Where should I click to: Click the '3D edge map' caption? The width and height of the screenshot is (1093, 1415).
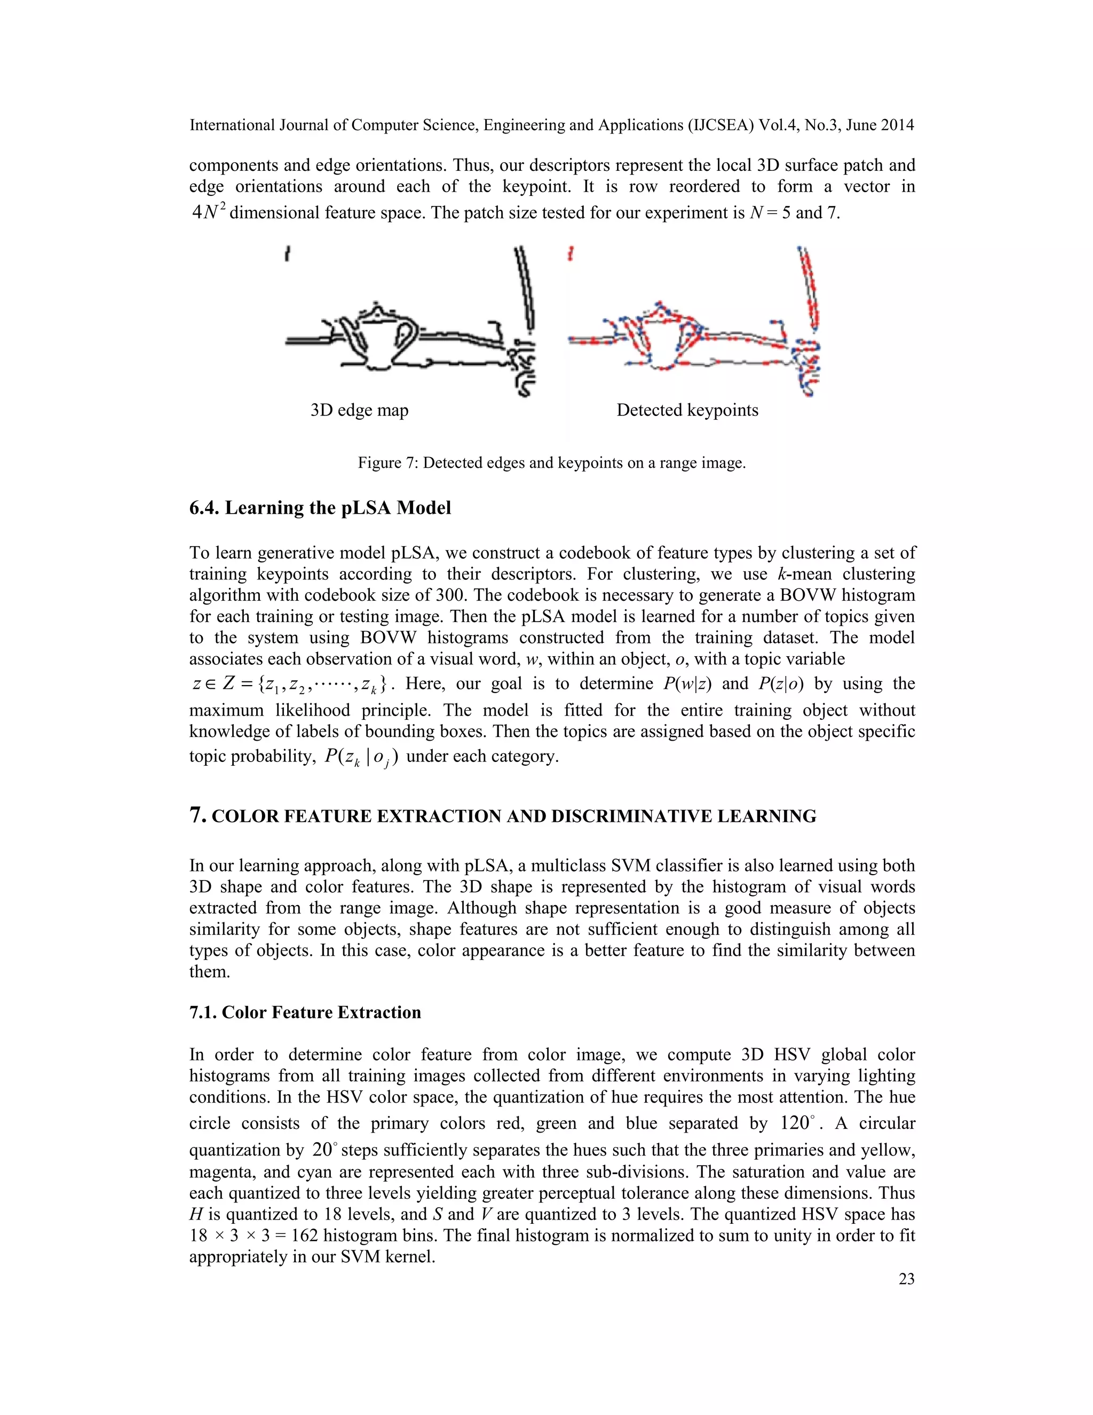[x=359, y=410]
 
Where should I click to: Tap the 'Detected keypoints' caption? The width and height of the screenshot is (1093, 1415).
[x=687, y=410]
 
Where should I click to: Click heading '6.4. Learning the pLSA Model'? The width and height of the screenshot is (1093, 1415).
[x=320, y=507]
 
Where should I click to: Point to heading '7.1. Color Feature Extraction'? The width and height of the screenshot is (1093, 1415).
[x=305, y=1012]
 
